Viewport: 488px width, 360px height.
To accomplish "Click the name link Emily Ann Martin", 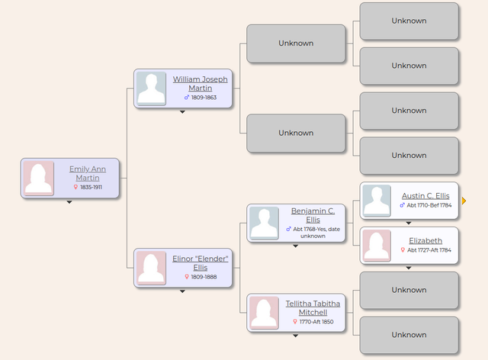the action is [x=88, y=173].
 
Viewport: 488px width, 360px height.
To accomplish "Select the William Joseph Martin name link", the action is [x=200, y=84].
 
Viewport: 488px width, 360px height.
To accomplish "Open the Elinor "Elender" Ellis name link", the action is [x=200, y=263].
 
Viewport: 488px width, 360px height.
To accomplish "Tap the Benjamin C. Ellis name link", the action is [x=313, y=215].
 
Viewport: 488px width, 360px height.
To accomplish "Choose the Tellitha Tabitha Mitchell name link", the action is [x=313, y=308].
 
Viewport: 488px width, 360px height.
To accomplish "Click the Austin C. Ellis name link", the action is [x=425, y=196].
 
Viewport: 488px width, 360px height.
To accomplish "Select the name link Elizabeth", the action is [x=425, y=241].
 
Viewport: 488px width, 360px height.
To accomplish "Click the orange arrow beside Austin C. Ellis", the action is [x=464, y=201].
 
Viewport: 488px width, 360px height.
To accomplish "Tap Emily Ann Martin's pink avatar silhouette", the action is [x=38, y=178].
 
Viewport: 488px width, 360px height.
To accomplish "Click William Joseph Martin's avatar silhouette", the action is [x=151, y=88].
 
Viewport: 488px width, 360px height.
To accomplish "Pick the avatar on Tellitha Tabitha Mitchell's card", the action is [x=264, y=313].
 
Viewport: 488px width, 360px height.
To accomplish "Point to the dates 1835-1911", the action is [x=91, y=187].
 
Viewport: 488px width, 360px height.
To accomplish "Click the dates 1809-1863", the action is [x=204, y=98].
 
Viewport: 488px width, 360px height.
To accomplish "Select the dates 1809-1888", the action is [x=204, y=277].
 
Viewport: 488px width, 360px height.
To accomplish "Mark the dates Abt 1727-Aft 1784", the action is [x=429, y=250].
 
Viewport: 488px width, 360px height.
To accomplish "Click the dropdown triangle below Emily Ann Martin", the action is [x=69, y=202].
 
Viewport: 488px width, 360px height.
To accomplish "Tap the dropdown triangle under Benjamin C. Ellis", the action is [x=296, y=246].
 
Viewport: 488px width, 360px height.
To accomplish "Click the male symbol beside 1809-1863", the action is [x=187, y=98].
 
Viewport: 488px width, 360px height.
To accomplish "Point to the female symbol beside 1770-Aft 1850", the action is [x=295, y=322].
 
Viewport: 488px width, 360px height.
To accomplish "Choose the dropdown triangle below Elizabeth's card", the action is [x=409, y=268].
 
